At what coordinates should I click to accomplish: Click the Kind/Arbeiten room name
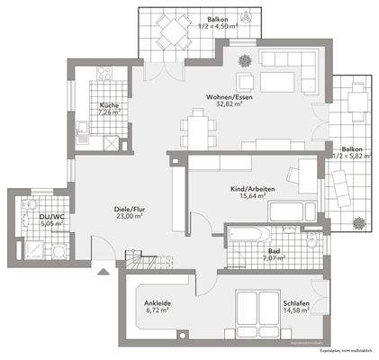[253, 188]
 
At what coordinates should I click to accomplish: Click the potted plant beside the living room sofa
[244, 58]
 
